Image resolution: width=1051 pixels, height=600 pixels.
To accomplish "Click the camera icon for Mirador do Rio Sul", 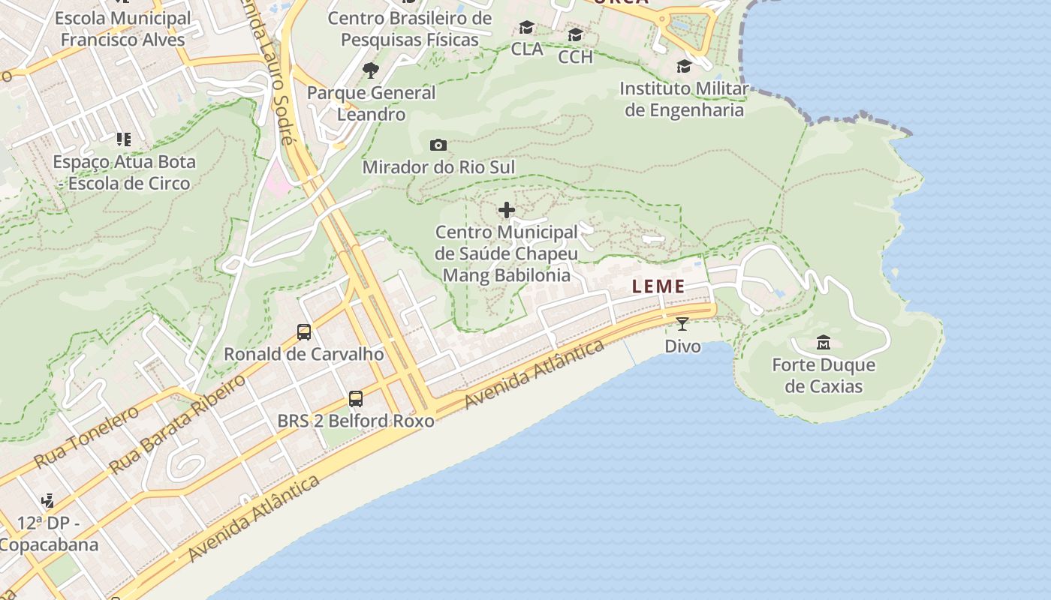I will pos(438,145).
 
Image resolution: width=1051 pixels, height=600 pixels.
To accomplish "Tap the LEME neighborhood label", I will pos(658,286).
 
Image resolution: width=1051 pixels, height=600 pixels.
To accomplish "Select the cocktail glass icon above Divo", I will pos(682,324).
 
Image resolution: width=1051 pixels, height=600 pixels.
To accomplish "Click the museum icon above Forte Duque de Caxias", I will pos(823,343).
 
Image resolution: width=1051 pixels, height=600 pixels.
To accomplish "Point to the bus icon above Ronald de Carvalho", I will pos(304,331).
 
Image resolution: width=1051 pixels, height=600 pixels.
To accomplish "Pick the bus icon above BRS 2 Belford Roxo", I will pos(356,399).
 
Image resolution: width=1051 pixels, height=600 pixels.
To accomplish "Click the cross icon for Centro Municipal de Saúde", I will pos(507,210).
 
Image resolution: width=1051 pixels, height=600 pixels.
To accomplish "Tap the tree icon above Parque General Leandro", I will pos(370,70).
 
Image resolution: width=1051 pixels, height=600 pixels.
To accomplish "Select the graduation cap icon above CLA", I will pos(527,28).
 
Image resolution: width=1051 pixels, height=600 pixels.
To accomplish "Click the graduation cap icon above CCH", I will pos(575,35).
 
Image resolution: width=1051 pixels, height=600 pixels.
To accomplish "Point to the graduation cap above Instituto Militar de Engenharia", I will pos(684,67).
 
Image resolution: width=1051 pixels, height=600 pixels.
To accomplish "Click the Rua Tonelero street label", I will pos(86,436).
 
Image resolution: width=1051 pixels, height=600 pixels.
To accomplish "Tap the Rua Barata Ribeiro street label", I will pos(177,424).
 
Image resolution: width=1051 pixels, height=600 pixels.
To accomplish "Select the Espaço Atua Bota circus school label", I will pos(124,172).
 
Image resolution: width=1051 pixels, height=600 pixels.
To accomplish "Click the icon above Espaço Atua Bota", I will pos(124,139).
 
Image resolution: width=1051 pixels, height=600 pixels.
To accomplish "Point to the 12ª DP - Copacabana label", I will pos(49,533).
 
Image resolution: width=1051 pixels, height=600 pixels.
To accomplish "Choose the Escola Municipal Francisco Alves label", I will pos(123,29).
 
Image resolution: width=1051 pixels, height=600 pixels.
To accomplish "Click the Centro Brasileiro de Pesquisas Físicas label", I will pos(410,29).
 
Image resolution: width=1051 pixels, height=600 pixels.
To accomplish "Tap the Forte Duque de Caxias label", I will pos(824,376).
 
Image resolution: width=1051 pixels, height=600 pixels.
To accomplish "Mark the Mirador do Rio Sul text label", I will pos(439,167).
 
